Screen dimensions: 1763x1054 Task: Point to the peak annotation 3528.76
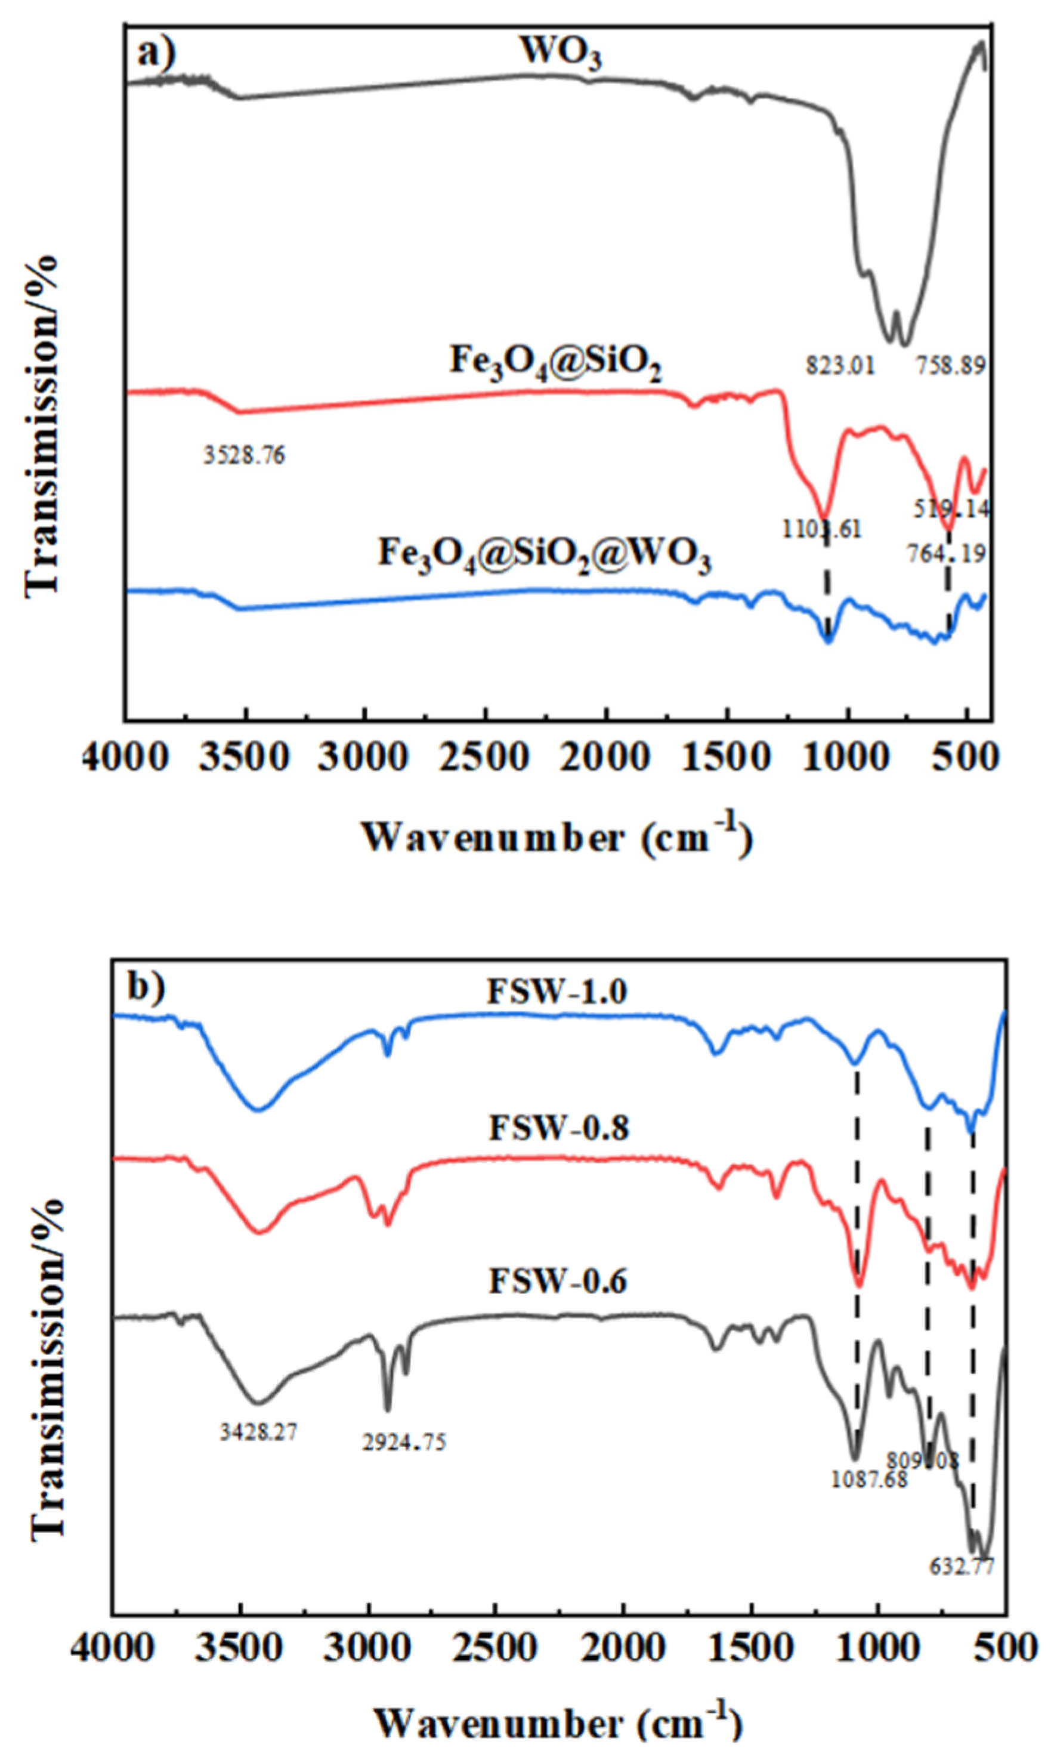coord(245,455)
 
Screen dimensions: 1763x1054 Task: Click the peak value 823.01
coord(840,366)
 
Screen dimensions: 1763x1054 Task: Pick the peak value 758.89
coord(950,366)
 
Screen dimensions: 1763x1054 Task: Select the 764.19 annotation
coord(946,552)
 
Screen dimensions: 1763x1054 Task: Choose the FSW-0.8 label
coord(558,1129)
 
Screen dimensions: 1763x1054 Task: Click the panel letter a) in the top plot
coord(156,54)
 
